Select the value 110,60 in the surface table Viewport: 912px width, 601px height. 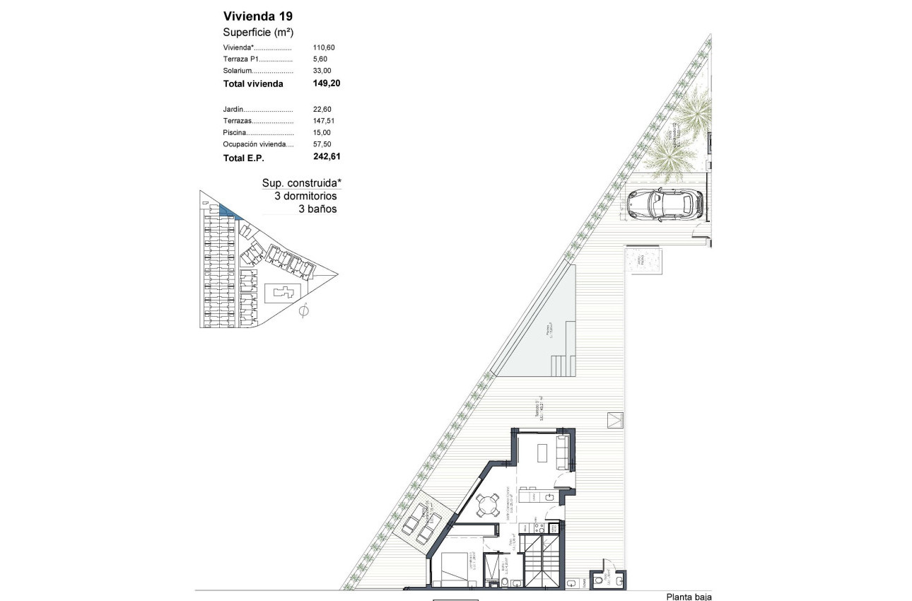click(x=324, y=47)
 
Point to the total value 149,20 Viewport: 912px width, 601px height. click(x=327, y=83)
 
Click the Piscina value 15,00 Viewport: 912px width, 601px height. click(x=322, y=132)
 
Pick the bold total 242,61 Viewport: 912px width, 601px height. click(x=327, y=157)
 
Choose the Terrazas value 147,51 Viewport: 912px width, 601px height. click(x=323, y=121)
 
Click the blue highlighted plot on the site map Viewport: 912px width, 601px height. click(x=229, y=211)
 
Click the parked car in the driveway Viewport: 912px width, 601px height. click(x=664, y=204)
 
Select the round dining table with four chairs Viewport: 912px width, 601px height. click(x=486, y=506)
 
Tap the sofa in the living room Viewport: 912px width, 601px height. click(x=565, y=452)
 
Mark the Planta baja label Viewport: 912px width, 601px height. click(x=689, y=596)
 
